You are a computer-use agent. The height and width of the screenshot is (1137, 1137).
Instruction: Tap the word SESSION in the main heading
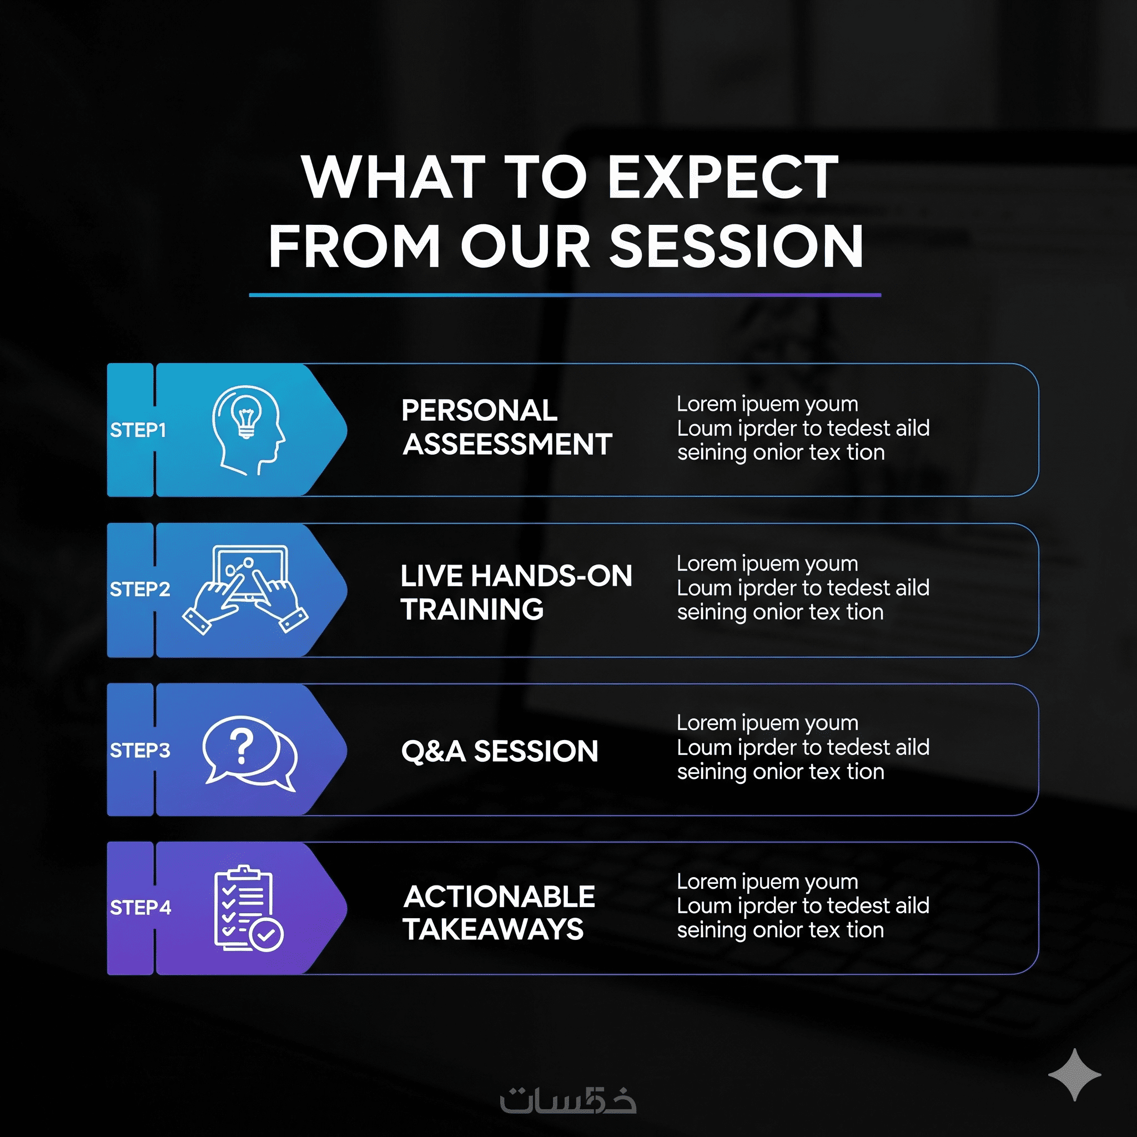pyautogui.click(x=736, y=246)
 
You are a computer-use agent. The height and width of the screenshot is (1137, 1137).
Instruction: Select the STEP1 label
pyautogui.click(x=138, y=430)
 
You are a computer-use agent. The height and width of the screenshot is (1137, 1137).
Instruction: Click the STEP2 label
pyautogui.click(x=140, y=589)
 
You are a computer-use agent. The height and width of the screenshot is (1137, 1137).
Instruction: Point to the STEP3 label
pyautogui.click(x=140, y=751)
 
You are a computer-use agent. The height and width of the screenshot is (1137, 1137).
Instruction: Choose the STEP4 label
pyautogui.click(x=140, y=908)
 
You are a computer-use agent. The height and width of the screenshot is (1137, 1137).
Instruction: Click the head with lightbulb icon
pyautogui.click(x=248, y=430)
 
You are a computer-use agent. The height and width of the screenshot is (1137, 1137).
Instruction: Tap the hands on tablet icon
pyautogui.click(x=245, y=589)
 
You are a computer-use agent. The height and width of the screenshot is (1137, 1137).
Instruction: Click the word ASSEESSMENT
pyautogui.click(x=507, y=444)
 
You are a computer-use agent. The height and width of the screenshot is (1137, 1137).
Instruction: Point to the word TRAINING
pyautogui.click(x=472, y=609)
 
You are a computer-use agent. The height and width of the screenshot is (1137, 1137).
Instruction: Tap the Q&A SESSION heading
pyautogui.click(x=500, y=752)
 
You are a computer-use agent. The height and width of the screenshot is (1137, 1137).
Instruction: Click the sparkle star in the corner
pyautogui.click(x=1075, y=1075)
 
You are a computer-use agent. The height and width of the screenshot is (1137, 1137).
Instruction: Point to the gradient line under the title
pyautogui.click(x=565, y=295)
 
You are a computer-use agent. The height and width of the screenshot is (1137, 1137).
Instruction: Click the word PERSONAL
pyautogui.click(x=479, y=411)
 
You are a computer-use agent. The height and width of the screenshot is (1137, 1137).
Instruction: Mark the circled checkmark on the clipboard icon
pyautogui.click(x=266, y=933)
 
